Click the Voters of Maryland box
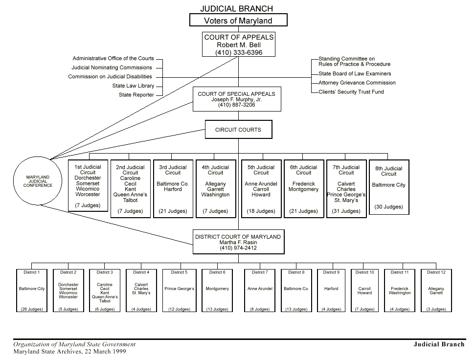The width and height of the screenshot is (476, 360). [x=238, y=21]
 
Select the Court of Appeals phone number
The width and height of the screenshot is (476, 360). [x=238, y=52]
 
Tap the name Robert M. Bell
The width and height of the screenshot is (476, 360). [x=238, y=45]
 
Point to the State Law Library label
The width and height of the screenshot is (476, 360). [x=133, y=86]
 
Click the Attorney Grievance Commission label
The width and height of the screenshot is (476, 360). [x=357, y=83]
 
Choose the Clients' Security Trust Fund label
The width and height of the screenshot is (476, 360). [x=351, y=92]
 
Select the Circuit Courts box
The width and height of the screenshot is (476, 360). [x=238, y=130]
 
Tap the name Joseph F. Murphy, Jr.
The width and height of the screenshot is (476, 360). [x=236, y=99]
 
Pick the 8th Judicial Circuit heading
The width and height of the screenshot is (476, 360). [x=389, y=171]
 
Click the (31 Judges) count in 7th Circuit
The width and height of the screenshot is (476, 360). [x=346, y=211]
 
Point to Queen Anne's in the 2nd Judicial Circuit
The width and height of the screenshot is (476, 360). [x=130, y=195]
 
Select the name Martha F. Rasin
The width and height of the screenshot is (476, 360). [x=238, y=243]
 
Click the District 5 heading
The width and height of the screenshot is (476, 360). [x=179, y=272]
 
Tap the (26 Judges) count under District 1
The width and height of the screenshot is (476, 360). [x=32, y=309]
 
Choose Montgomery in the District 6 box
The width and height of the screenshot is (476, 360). [x=217, y=289]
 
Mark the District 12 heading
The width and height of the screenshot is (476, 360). [x=436, y=272]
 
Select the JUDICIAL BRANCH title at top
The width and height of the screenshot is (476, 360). [x=237, y=9]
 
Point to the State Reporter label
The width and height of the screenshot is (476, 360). [x=136, y=95]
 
